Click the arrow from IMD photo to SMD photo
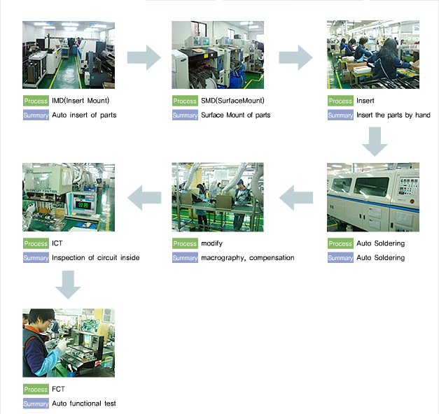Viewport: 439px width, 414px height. (144, 57)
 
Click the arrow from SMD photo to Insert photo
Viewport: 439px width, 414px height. (295, 57)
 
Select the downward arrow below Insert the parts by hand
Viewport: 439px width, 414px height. (375, 141)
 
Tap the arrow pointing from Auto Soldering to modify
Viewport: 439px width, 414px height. (295, 199)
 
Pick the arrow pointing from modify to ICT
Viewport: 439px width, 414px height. (144, 199)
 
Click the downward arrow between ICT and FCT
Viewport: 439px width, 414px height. (68, 283)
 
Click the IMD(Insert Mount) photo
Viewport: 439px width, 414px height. (68, 55)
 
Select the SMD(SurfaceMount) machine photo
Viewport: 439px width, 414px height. (218, 55)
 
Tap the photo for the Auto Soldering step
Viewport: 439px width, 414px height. (372, 197)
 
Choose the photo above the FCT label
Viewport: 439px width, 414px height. (68, 343)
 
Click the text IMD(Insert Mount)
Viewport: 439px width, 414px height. (81, 101)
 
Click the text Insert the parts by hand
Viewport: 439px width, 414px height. (393, 115)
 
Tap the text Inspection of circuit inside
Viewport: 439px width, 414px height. (95, 258)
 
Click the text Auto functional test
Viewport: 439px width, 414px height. (83, 404)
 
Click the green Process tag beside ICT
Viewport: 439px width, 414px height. (36, 244)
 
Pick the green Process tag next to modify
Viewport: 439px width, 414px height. (185, 244)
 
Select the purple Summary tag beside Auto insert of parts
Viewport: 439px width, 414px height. (36, 115)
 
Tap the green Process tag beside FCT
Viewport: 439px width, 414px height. (36, 390)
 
